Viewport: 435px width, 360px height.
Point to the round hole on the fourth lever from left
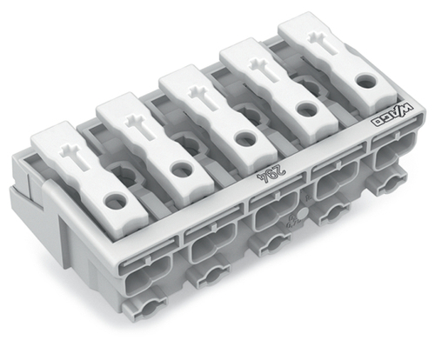[x=304, y=110]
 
